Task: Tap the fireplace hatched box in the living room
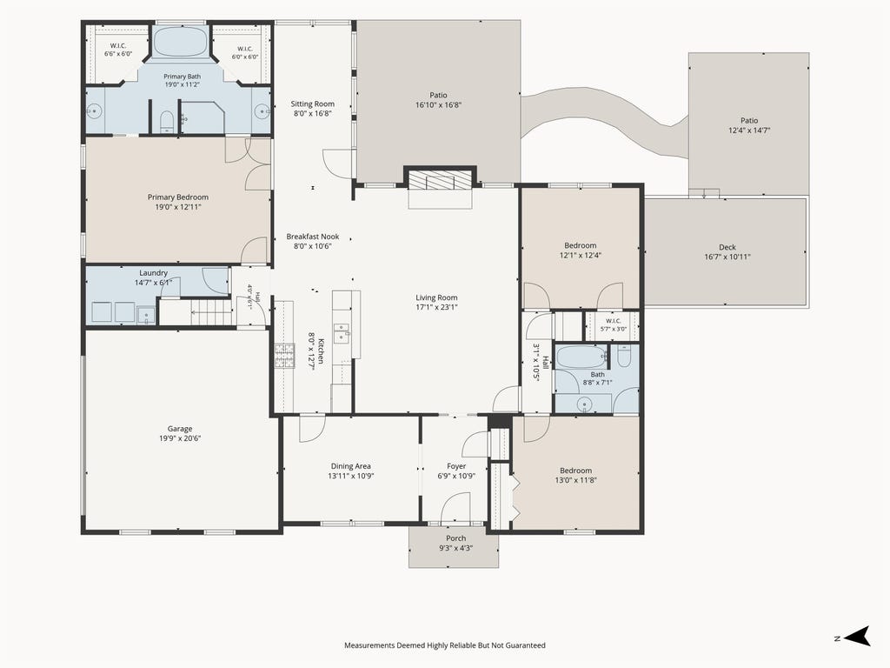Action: tap(440, 181)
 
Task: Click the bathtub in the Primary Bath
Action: tap(182, 41)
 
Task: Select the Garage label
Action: tap(180, 429)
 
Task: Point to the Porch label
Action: tap(455, 538)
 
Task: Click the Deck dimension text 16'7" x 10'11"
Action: tap(727, 257)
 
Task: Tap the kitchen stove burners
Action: tap(285, 356)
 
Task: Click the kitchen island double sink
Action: tap(342, 333)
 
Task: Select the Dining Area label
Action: tap(351, 466)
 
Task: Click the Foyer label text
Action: tap(456, 466)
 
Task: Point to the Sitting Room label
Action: tap(313, 104)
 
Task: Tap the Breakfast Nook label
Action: tap(313, 237)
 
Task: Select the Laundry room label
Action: tap(153, 273)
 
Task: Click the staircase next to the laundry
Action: tap(211, 313)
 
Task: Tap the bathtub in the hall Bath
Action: tap(581, 357)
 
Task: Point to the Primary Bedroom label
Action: tap(178, 197)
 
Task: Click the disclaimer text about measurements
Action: tap(445, 645)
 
